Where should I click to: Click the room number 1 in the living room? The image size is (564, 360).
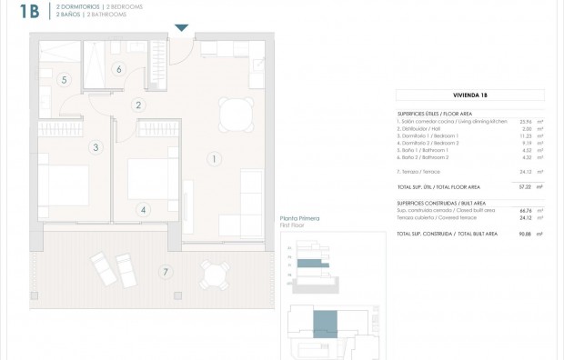point(214,160)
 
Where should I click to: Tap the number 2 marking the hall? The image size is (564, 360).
point(138,105)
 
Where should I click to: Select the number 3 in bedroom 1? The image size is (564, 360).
point(94,146)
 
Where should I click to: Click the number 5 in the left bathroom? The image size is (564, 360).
point(64,80)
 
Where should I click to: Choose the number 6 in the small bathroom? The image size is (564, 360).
point(118,68)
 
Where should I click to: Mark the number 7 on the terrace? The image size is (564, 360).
point(164,272)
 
